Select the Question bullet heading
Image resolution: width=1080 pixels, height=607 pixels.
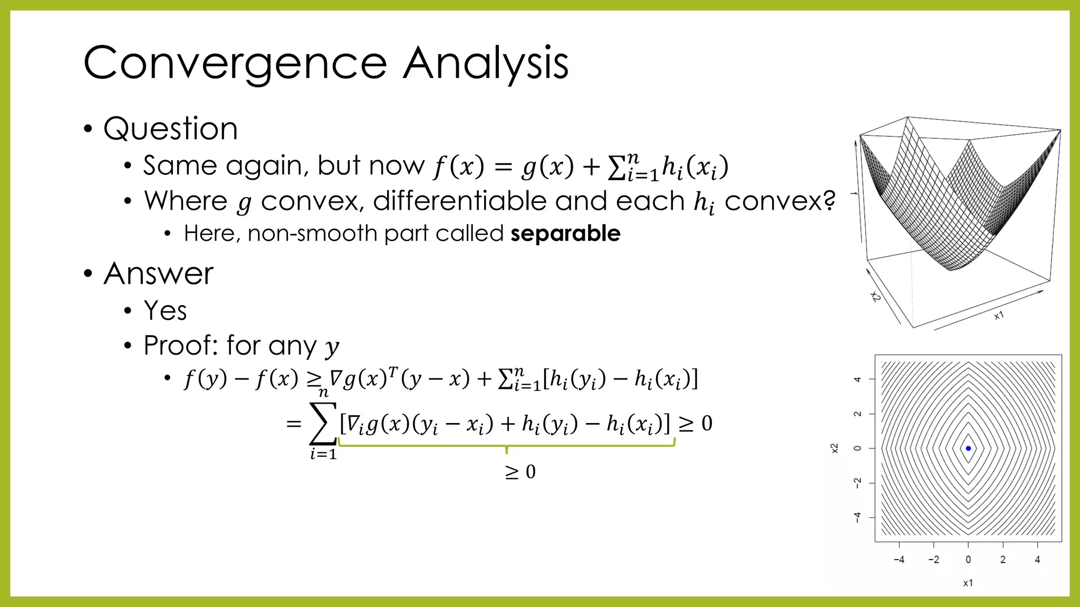tap(170, 129)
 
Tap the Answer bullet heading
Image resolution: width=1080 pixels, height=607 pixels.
tap(158, 273)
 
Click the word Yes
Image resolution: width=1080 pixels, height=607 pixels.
tap(165, 310)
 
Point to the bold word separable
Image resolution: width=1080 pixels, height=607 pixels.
tap(565, 233)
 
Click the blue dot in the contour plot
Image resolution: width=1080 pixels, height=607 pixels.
tap(968, 448)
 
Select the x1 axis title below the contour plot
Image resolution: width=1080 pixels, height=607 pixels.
tap(968, 583)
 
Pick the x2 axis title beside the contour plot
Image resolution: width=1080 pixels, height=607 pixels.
tap(834, 448)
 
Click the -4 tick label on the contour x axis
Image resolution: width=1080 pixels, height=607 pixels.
tap(899, 560)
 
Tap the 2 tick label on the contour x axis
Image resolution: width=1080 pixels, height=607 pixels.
tap(1002, 560)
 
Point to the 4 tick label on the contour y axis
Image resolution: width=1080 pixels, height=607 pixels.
tap(857, 379)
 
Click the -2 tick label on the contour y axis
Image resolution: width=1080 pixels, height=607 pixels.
tap(857, 483)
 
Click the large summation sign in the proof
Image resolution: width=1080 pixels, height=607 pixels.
tap(323, 424)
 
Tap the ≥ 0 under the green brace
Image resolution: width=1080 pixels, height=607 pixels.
tap(520, 472)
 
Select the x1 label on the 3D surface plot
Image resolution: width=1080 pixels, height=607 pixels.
tap(999, 316)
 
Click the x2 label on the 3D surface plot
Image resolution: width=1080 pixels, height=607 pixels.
tap(875, 297)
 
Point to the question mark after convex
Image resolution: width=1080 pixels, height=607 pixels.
tap(829, 201)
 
